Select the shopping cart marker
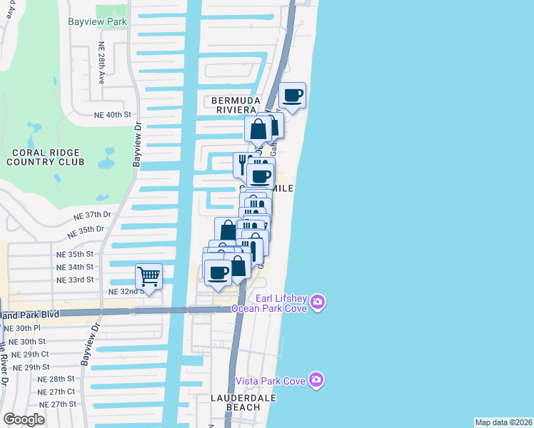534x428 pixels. (148, 275)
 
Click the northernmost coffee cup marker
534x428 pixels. (293, 95)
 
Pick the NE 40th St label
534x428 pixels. (114, 114)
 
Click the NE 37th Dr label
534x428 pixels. (94, 214)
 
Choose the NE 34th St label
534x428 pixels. (76, 267)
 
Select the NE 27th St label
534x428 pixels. (58, 404)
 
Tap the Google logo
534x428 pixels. (24, 419)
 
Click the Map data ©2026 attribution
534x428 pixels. (504, 422)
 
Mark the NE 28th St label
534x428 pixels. (56, 379)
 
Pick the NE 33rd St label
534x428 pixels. (76, 280)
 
